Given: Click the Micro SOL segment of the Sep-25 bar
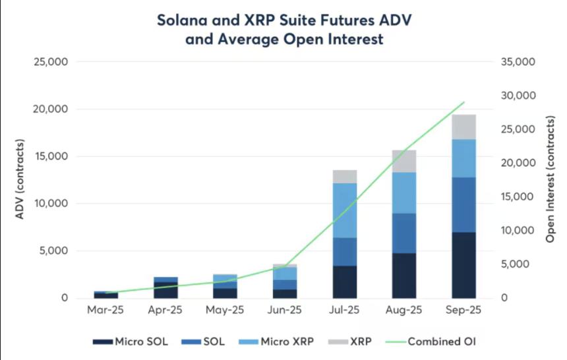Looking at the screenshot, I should tap(464, 265).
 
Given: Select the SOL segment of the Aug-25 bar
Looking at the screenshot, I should tap(404, 233).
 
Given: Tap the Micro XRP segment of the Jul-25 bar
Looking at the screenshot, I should tap(345, 210).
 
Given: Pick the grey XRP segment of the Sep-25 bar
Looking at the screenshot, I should tap(464, 127).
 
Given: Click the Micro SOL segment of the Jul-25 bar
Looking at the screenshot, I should tap(345, 282).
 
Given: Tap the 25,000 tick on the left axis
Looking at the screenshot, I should tap(50, 62).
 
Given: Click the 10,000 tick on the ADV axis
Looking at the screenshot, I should tap(50, 204).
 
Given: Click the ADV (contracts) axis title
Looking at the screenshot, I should tap(20, 179).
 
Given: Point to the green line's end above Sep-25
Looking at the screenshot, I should tap(464, 102).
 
